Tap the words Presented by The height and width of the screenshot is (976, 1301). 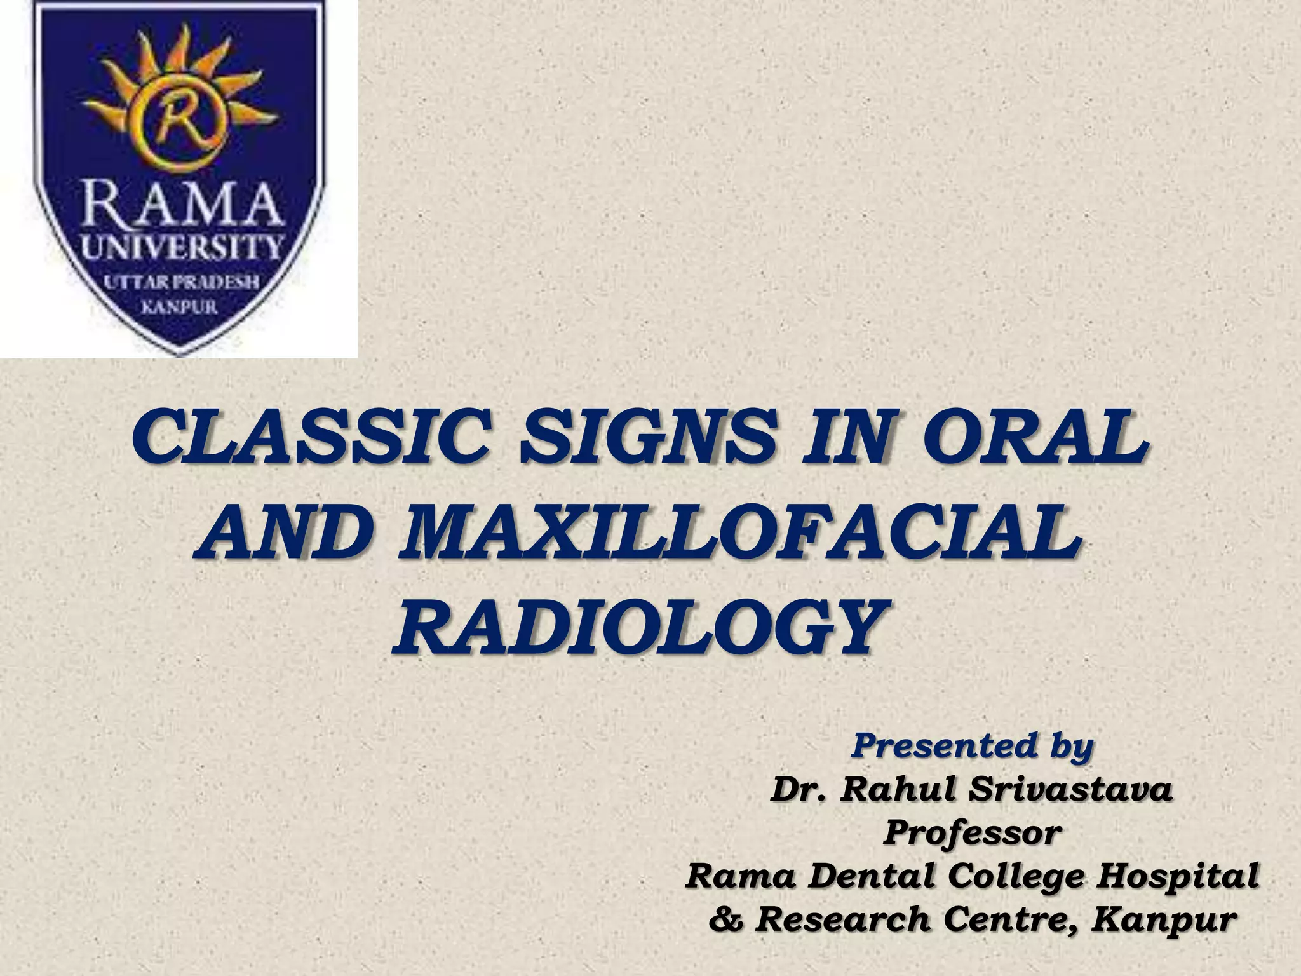point(972,747)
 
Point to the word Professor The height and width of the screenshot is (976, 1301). point(972,834)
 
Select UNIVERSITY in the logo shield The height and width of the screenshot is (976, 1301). point(182,247)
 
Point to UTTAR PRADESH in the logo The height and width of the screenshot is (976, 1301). point(182,282)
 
